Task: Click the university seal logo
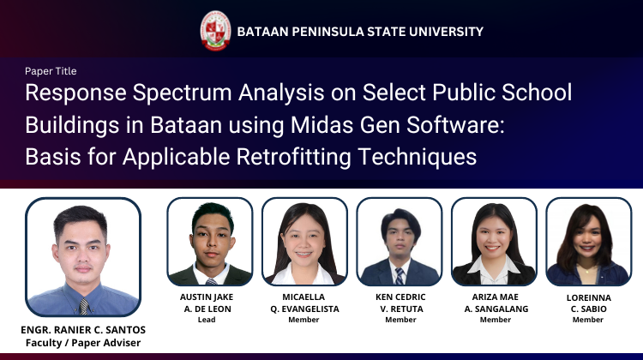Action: click(x=215, y=30)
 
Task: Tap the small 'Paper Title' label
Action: click(x=51, y=71)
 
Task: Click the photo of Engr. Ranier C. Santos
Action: click(x=83, y=257)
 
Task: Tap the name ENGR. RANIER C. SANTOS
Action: click(x=83, y=331)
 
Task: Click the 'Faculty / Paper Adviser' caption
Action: click(x=83, y=343)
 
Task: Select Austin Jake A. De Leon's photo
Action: click(x=209, y=242)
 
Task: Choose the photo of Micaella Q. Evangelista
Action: click(x=304, y=242)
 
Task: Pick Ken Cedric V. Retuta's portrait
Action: click(x=399, y=242)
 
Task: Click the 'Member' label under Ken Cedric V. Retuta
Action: click(x=400, y=320)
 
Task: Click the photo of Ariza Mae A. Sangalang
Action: click(x=494, y=242)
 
